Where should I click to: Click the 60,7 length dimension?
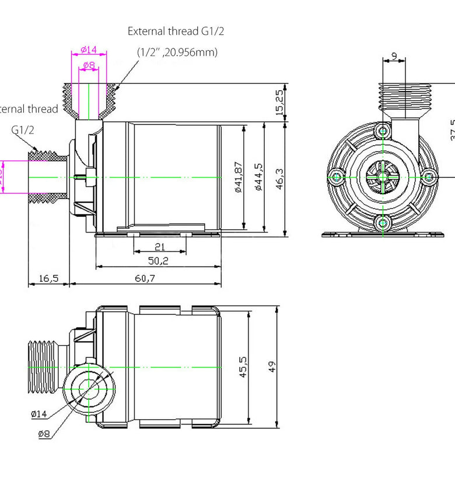(146, 278)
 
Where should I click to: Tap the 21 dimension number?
(159, 247)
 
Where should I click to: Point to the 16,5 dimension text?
(48, 278)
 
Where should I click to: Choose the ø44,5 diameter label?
(258, 178)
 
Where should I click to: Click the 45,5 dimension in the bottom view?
(244, 368)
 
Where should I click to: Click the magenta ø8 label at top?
(89, 65)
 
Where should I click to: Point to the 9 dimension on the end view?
(394, 56)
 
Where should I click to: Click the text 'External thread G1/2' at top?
(176, 31)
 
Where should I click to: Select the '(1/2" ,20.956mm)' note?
(177, 52)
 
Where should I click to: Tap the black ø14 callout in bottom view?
(38, 414)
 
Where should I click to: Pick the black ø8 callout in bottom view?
(44, 434)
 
